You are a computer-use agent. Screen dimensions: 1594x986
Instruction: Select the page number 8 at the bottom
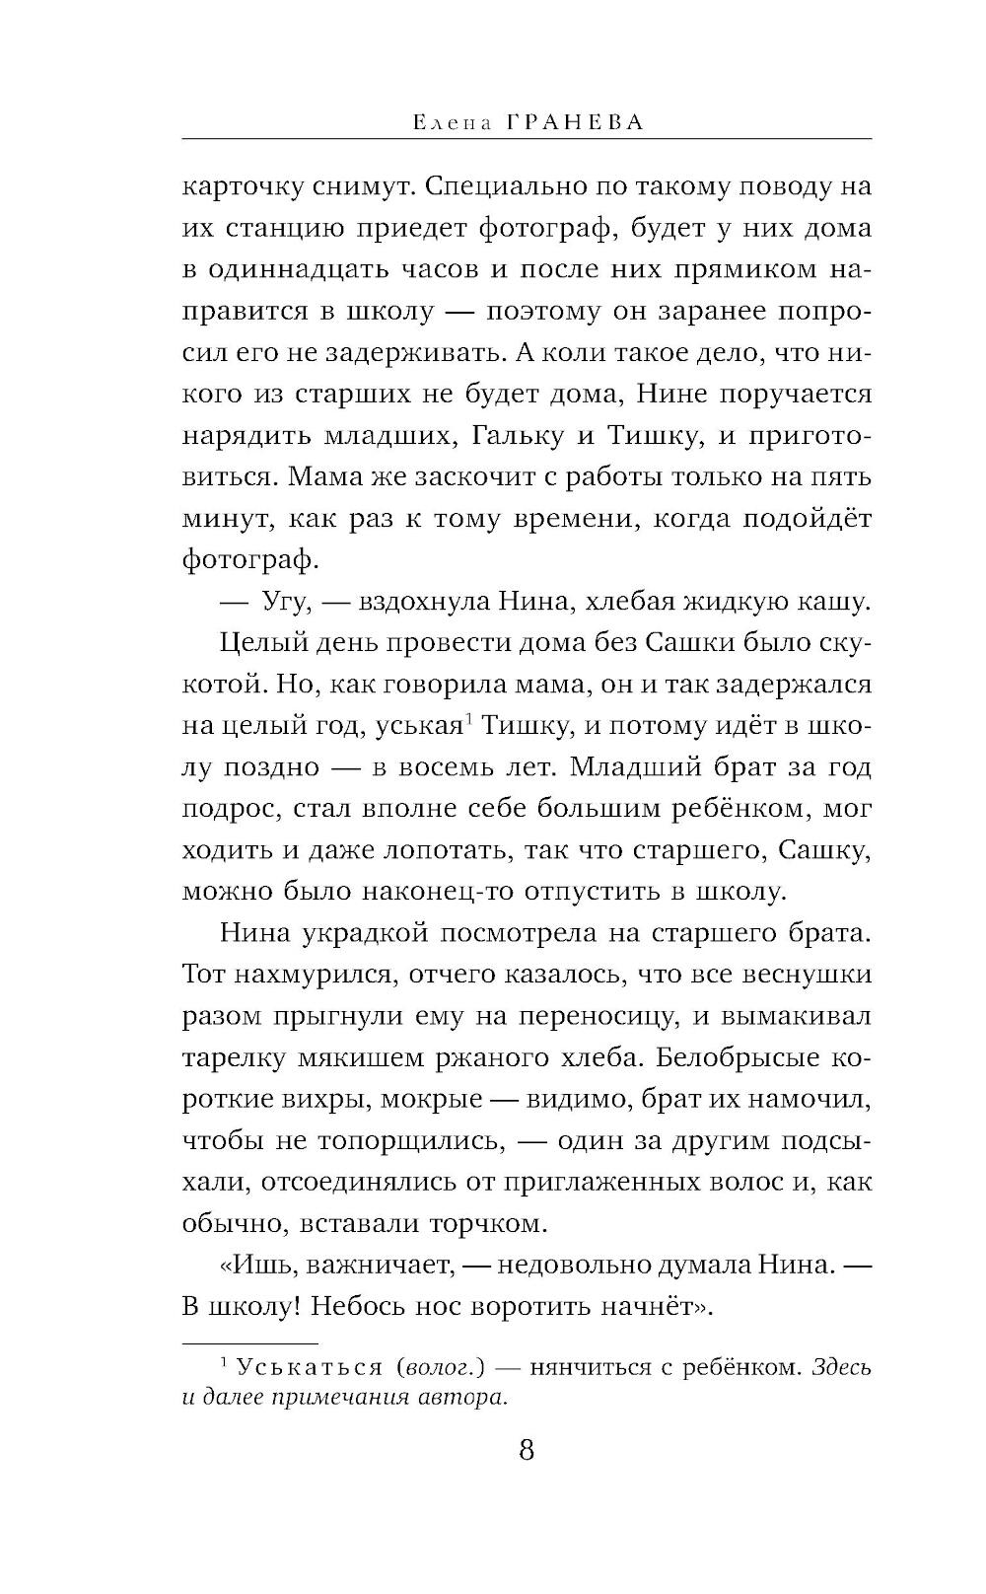pos(526,1450)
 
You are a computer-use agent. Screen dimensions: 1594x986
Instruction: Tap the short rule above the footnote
pos(250,1342)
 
